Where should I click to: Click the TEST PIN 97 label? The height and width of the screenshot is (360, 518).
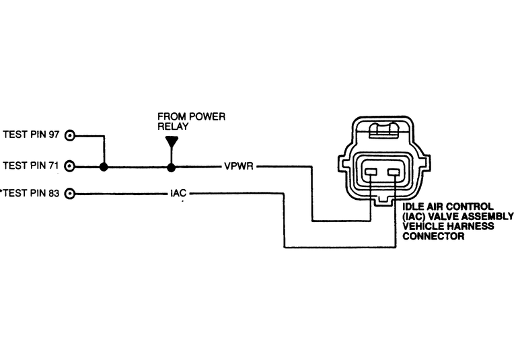(32, 135)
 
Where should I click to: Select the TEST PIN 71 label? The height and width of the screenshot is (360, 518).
(32, 165)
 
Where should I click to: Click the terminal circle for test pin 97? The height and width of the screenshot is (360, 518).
(69, 135)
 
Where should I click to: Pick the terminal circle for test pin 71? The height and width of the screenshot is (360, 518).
(69, 165)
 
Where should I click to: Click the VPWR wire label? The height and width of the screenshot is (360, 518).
(239, 166)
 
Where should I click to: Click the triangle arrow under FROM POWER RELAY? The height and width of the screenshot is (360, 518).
(172, 142)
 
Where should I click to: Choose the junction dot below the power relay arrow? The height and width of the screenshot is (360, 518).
(172, 166)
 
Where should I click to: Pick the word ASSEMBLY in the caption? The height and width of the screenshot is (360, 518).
(489, 217)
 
